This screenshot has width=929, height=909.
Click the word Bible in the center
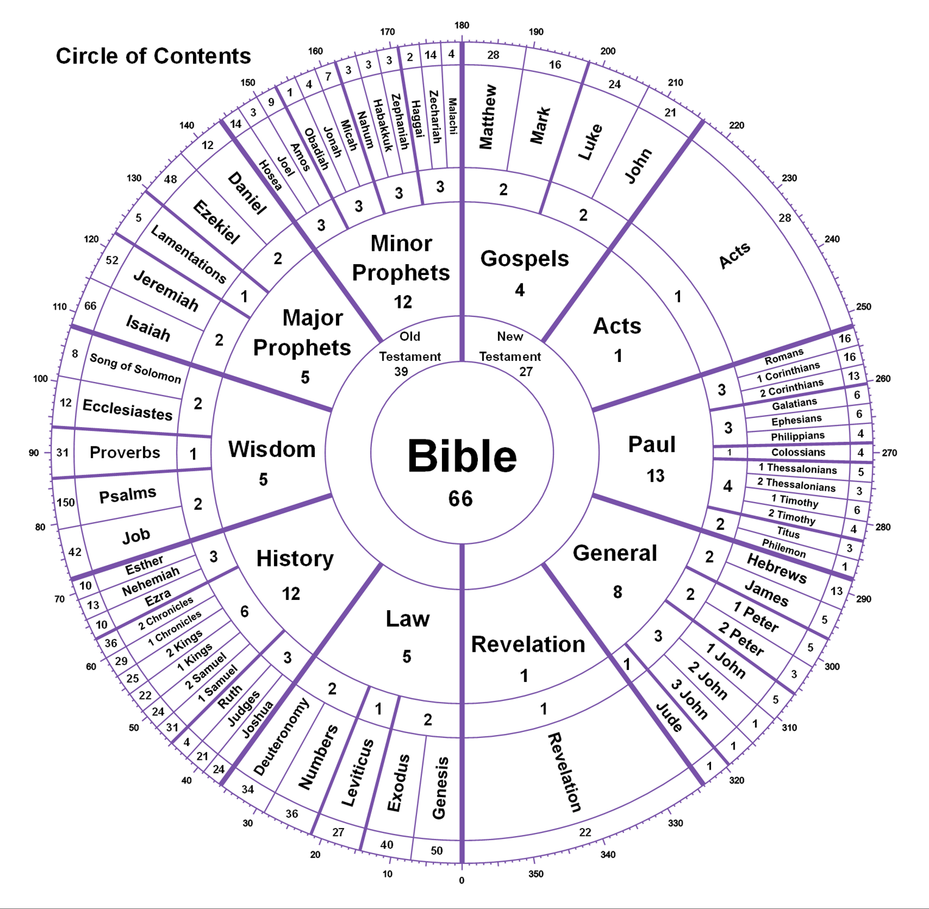[462, 456]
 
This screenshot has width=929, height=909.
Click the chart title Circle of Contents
[153, 56]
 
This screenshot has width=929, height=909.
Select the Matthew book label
[488, 117]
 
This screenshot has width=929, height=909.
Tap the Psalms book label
[128, 495]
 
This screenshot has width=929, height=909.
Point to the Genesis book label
[440, 788]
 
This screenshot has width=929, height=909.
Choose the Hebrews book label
[777, 569]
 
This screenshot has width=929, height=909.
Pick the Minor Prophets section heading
[401, 258]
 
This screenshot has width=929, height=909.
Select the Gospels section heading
[525, 259]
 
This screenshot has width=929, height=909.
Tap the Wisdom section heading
[272, 449]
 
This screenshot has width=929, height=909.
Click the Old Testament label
[410, 346]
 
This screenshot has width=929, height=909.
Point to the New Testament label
[510, 346]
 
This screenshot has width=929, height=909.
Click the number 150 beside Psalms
[66, 503]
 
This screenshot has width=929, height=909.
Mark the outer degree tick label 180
[462, 25]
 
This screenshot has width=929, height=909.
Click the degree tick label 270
[889, 453]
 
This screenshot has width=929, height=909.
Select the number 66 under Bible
[461, 499]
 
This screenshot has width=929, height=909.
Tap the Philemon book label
[784, 548]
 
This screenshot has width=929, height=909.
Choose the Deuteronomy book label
[281, 737]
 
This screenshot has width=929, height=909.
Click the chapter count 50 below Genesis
[436, 851]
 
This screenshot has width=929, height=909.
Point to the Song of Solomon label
[135, 368]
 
